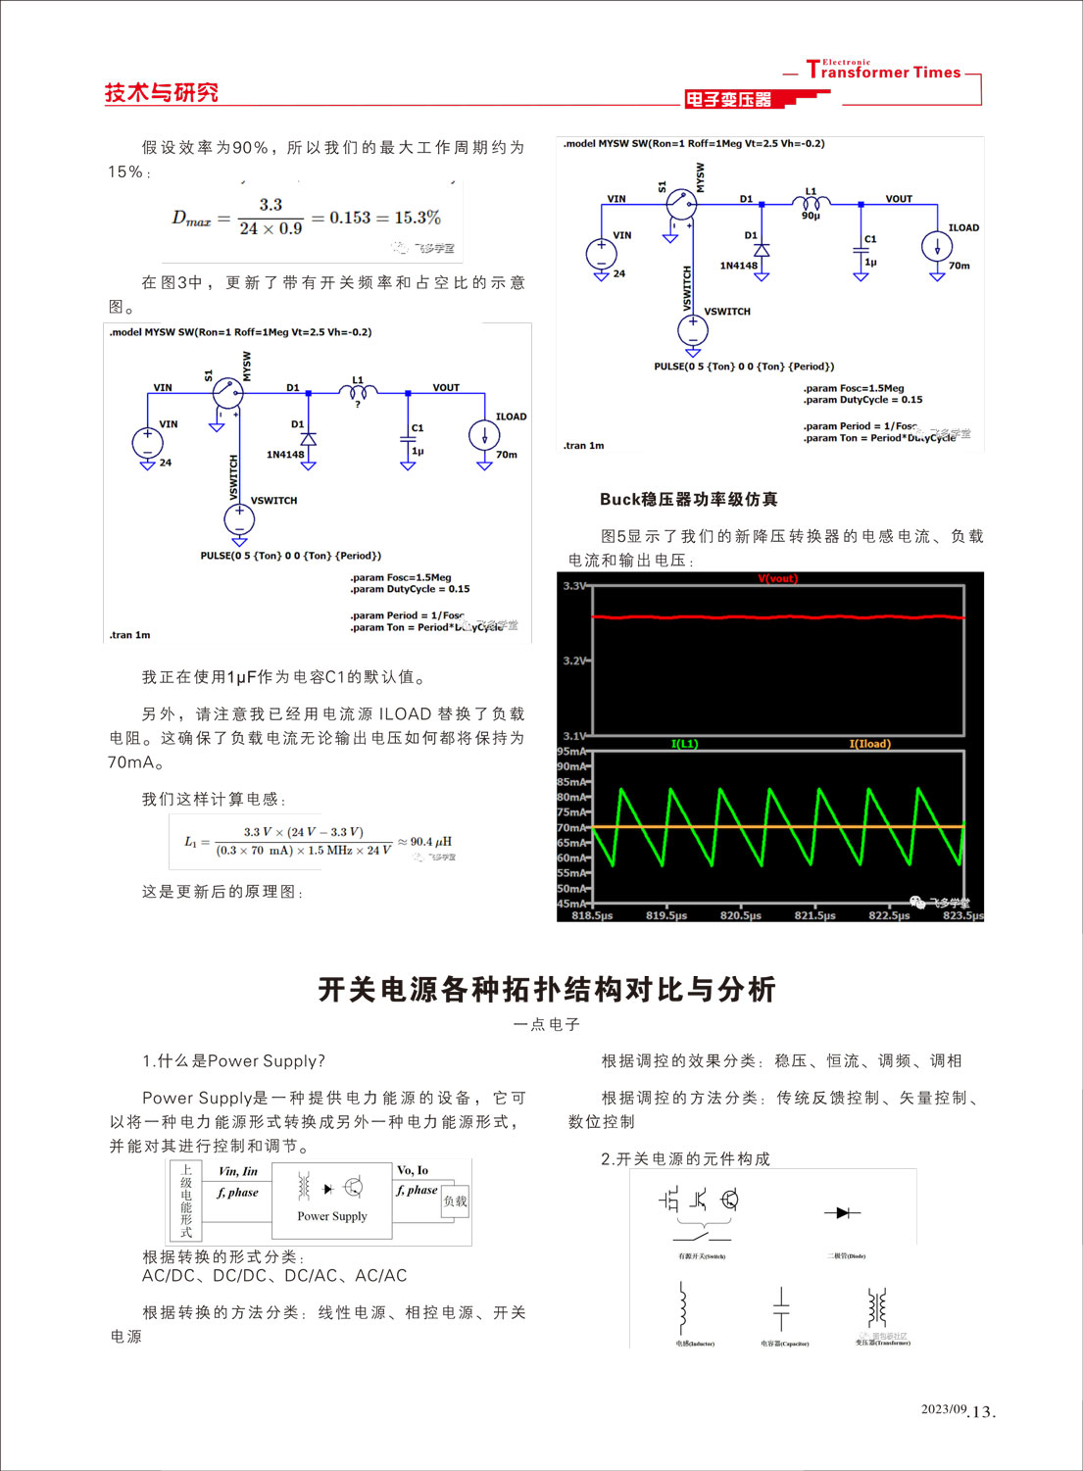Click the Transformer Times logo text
point(883,71)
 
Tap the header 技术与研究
point(161,93)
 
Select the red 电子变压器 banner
point(728,99)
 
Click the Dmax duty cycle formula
point(306,218)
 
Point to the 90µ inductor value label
point(811,216)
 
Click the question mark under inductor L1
point(358,404)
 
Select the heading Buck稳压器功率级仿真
point(688,499)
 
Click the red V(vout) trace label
point(777,578)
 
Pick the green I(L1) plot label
point(684,744)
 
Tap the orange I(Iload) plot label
point(869,744)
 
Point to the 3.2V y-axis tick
point(575,661)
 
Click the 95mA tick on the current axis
point(571,752)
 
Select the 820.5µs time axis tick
point(740,915)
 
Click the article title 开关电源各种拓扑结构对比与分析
point(546,989)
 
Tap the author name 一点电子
point(546,1024)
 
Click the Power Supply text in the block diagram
point(332,1216)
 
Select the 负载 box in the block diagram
point(455,1201)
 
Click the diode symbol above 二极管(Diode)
point(841,1213)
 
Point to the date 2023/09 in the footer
point(943,1409)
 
